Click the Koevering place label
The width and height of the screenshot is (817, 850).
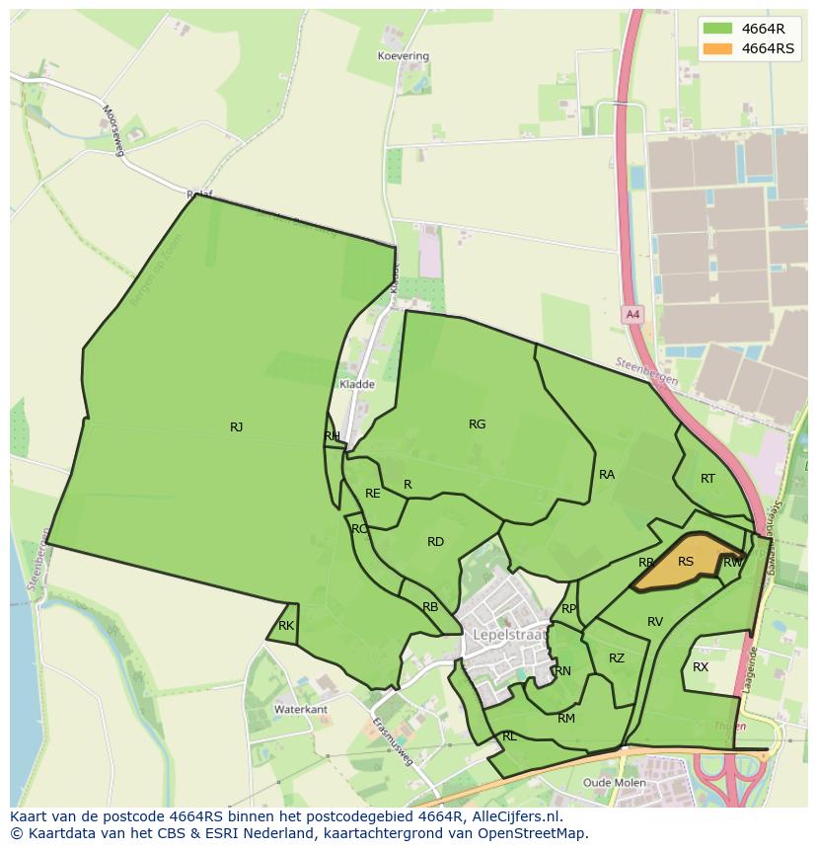404,56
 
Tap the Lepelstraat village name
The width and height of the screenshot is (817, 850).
510,634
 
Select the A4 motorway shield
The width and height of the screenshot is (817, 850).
632,315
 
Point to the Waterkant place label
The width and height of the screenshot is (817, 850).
301,710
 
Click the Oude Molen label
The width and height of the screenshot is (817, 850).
615,783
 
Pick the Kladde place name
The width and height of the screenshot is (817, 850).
356,384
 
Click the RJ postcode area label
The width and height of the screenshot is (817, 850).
236,427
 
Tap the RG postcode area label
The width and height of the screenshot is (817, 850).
478,425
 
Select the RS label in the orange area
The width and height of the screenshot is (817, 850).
686,562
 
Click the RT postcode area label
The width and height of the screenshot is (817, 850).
707,479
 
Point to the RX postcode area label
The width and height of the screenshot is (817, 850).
701,667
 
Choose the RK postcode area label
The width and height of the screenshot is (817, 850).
286,626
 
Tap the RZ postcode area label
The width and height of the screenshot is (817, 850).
617,658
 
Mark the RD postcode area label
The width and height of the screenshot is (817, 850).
435,542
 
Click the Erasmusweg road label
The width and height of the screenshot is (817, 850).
393,740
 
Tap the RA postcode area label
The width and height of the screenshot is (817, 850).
607,475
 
